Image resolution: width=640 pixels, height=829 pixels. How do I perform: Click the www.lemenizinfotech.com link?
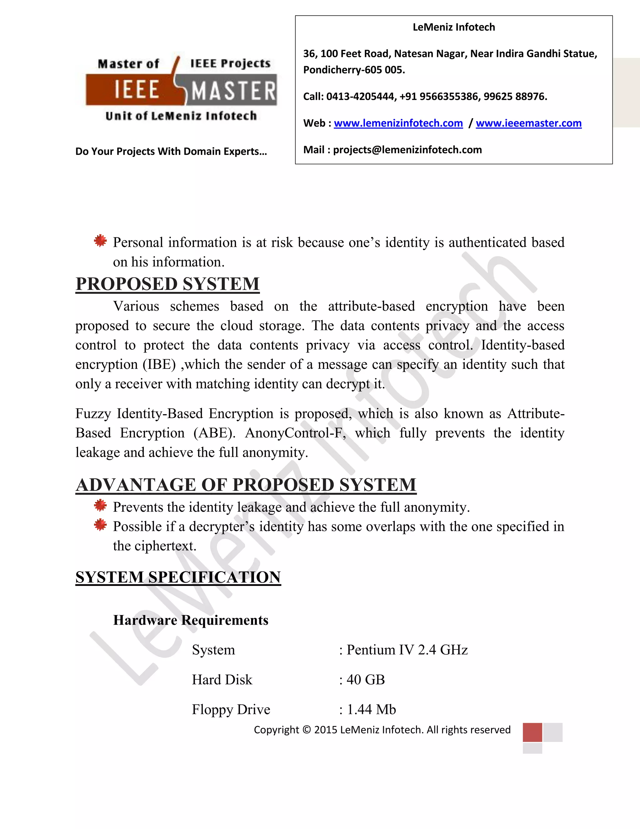click(x=398, y=123)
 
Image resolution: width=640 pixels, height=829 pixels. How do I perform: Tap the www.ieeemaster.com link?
click(x=528, y=123)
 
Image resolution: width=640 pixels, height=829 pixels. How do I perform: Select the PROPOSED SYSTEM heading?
click(x=167, y=284)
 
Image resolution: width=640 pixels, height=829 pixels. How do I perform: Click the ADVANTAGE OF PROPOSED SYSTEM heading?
click(x=246, y=485)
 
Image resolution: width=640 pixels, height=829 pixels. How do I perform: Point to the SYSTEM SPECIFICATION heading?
click(x=178, y=577)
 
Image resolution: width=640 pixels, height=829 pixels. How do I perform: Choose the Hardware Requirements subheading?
click(x=191, y=620)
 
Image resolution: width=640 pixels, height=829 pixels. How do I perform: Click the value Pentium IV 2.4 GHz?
click(x=407, y=650)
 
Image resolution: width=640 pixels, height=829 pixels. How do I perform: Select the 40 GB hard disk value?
click(x=366, y=679)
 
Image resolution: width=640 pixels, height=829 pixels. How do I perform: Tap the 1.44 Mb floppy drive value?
click(x=371, y=709)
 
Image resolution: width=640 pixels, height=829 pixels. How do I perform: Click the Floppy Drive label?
click(x=231, y=709)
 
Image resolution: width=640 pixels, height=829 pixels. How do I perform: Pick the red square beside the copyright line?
click(x=532, y=732)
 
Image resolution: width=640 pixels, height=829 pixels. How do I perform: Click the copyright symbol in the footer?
click(x=307, y=730)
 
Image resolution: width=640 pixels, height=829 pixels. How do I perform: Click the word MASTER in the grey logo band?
click(x=233, y=91)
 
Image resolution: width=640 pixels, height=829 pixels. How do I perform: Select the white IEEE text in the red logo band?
click(x=137, y=90)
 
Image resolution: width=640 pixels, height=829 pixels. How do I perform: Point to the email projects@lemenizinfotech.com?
click(x=407, y=150)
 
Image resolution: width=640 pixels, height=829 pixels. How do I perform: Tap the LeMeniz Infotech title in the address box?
click(x=453, y=27)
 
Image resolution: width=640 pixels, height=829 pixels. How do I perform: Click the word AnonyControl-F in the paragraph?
click(x=295, y=433)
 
